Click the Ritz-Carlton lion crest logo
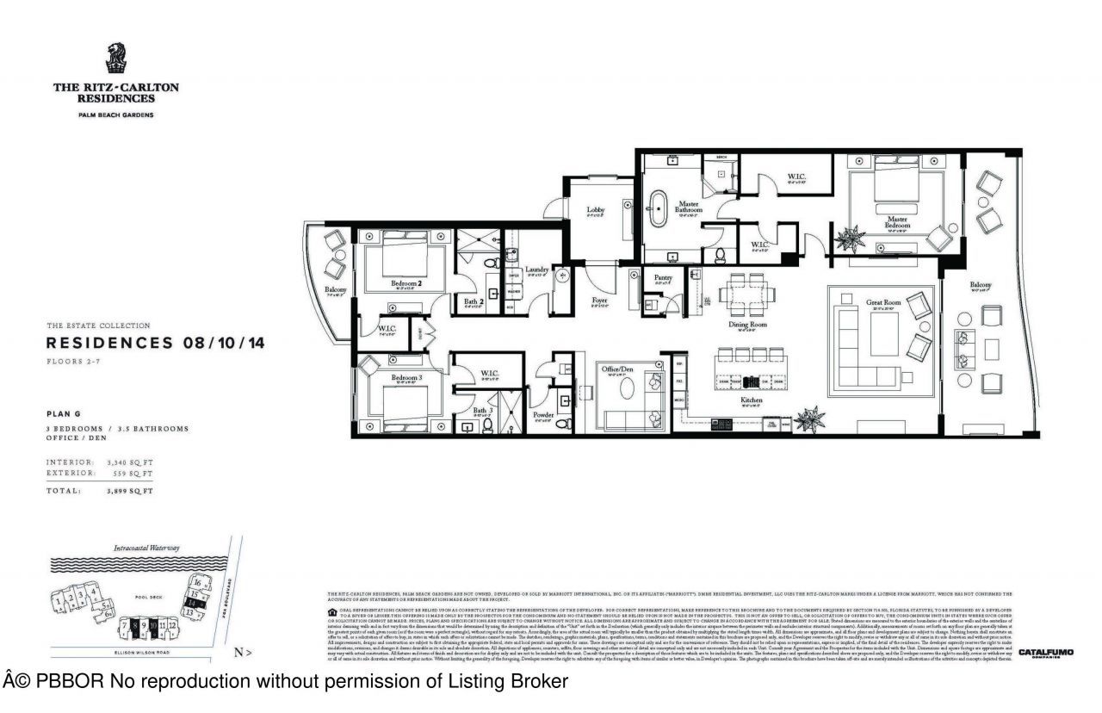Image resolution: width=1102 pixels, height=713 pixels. tap(116, 59)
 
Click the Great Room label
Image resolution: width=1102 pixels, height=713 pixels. tap(884, 302)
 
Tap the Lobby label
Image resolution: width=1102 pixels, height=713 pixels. tap(596, 210)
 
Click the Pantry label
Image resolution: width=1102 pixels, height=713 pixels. tap(662, 277)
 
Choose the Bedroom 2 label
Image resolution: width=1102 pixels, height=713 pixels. tap(407, 282)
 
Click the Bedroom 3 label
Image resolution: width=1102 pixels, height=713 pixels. tap(406, 377)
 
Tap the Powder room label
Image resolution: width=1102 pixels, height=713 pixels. tap(543, 414)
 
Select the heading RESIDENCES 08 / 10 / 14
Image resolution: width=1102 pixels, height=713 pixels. tap(155, 343)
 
